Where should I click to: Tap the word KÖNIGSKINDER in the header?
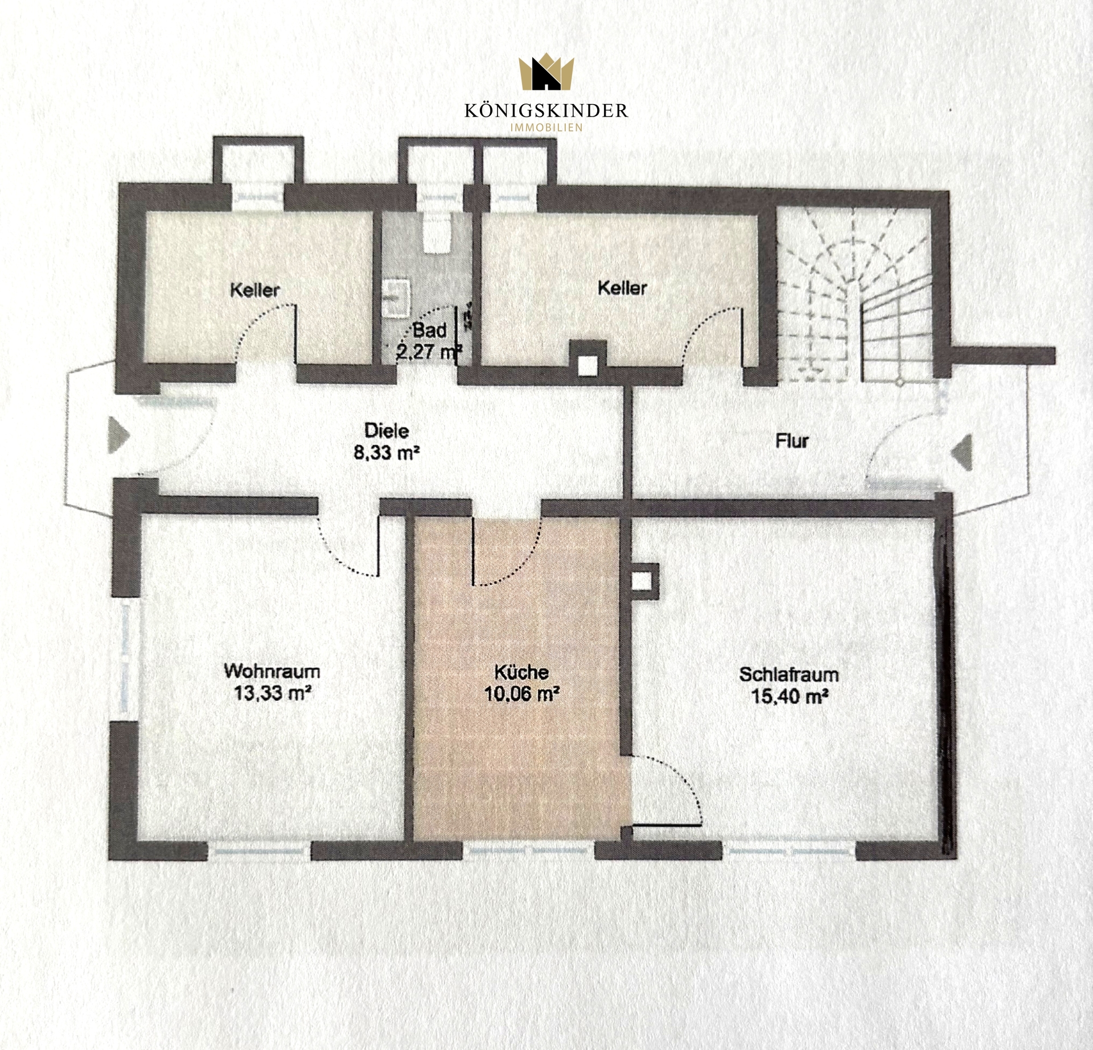[x=546, y=110]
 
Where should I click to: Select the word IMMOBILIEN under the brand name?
[x=546, y=128]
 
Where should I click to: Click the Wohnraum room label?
[x=272, y=671]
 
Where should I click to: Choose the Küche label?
[x=521, y=672]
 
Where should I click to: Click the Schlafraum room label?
[x=789, y=675]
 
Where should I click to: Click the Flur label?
[x=792, y=441]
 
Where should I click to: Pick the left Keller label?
[x=255, y=290]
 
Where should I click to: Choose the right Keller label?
[x=622, y=288]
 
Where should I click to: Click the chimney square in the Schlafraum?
[x=642, y=581]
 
